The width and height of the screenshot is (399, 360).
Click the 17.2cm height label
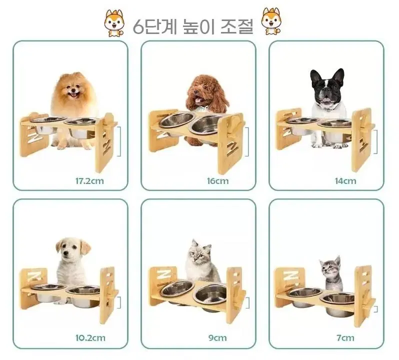89,181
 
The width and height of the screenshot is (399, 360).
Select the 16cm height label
217,181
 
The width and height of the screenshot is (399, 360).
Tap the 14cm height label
345,181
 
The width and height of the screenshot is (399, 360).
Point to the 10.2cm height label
90,338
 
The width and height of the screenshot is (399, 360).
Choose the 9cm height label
217,338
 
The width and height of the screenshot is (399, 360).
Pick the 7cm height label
345,338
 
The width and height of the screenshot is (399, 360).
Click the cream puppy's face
70,250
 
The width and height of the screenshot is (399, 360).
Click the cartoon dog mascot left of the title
114,23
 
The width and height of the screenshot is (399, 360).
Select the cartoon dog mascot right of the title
271,21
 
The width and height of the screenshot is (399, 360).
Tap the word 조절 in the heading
236,26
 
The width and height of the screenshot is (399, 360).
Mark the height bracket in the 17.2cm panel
119,141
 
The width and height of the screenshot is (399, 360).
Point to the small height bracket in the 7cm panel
376,309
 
